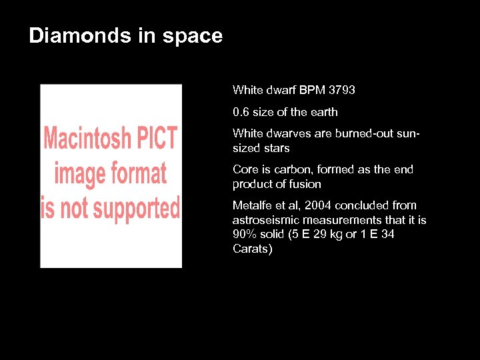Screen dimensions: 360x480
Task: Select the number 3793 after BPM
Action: pos(342,89)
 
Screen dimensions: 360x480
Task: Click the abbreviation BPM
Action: pos(313,89)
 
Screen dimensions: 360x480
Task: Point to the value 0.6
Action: pos(241,112)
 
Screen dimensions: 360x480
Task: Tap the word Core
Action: pos(244,169)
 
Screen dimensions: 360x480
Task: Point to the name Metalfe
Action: pos(251,205)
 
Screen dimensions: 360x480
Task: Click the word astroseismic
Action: pos(266,220)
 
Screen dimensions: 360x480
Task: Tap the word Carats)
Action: pos(253,249)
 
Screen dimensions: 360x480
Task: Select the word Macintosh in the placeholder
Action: pos(87,139)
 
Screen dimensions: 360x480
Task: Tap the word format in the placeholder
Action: pos(140,173)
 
